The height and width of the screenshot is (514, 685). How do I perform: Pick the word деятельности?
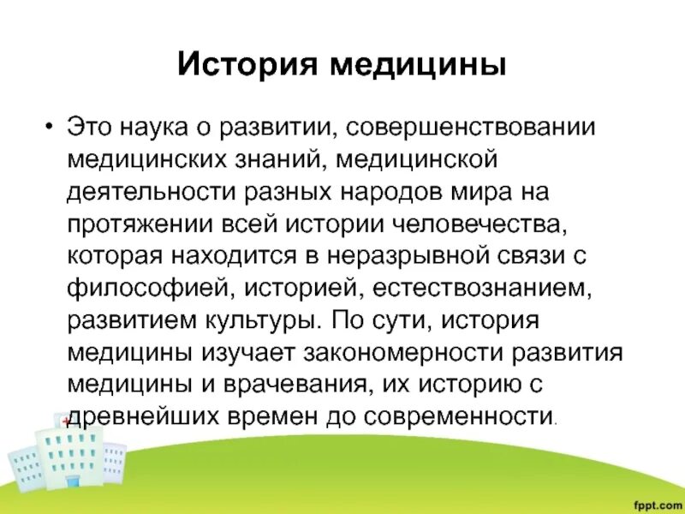(146, 193)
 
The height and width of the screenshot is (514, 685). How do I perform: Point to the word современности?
(463, 417)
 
